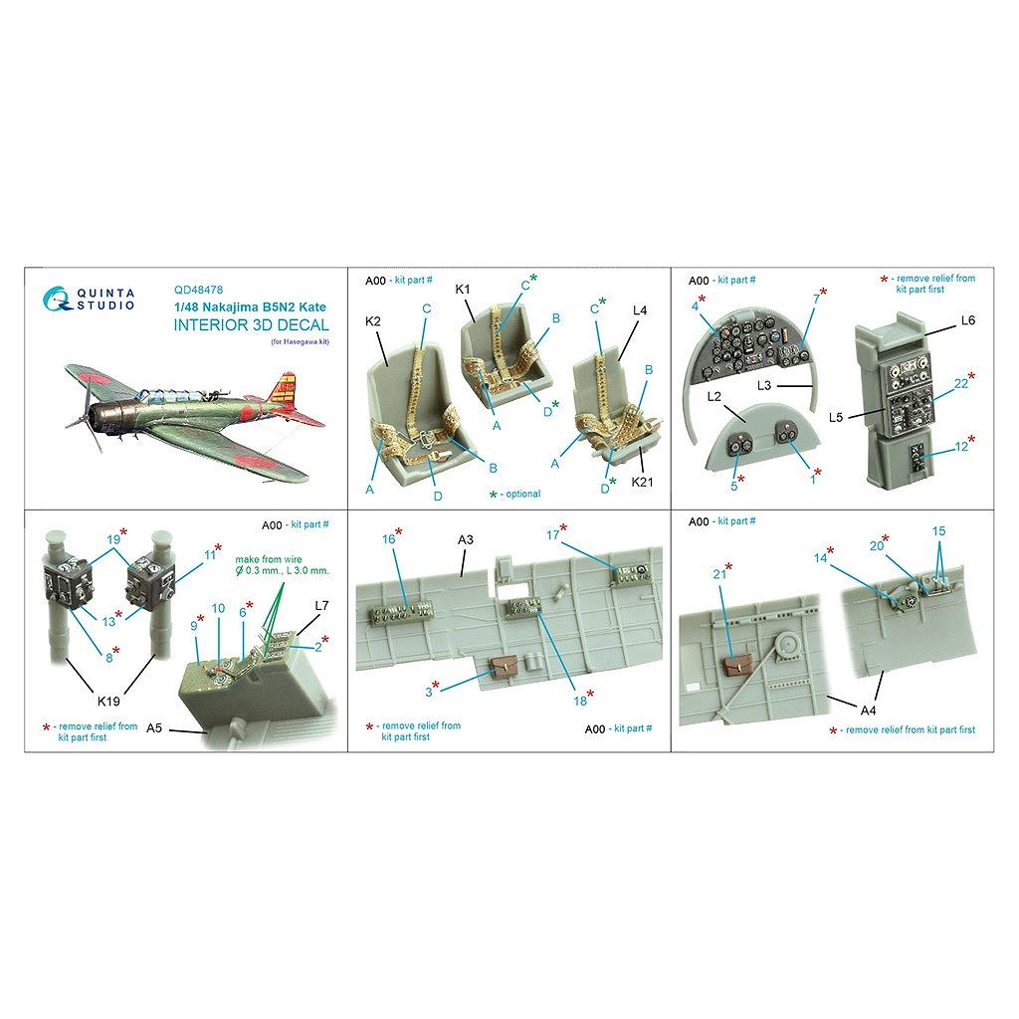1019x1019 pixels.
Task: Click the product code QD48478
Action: coord(198,291)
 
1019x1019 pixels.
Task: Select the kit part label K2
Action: coord(373,321)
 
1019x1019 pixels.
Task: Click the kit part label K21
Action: coord(642,482)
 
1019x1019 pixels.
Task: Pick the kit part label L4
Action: coord(640,310)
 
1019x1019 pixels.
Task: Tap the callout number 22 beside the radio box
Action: coord(961,384)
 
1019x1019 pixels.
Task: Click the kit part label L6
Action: coord(967,320)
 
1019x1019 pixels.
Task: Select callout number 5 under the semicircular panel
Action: coord(734,486)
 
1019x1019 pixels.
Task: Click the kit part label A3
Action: coord(466,540)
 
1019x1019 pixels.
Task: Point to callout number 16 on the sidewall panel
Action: coord(389,538)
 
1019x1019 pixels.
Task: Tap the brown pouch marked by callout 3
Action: coord(502,666)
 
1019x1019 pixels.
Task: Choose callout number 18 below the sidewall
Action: coord(580,701)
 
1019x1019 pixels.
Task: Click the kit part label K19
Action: coord(107,702)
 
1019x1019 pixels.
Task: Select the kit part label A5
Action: coord(154,727)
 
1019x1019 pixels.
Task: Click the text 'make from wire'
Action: coord(269,559)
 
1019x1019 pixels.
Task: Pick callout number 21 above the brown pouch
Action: coord(718,574)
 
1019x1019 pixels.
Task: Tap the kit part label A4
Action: coord(868,711)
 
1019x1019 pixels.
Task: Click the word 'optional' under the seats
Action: coord(523,494)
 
